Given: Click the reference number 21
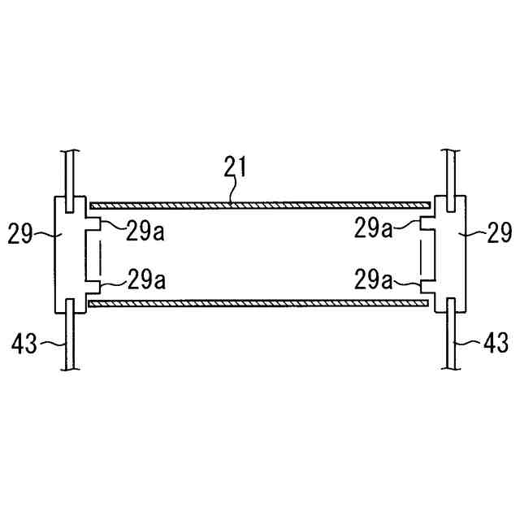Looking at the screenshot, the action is [x=235, y=167].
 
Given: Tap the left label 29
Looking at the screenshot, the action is [x=20, y=234].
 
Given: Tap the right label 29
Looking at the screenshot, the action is [x=499, y=232].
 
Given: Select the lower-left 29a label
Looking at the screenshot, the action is [x=146, y=279].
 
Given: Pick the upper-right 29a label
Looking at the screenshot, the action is [x=374, y=228].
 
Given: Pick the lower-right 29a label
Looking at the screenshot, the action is [x=374, y=279].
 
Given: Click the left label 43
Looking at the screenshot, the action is [x=24, y=343].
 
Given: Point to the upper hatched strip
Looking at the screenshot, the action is [x=260, y=206].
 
